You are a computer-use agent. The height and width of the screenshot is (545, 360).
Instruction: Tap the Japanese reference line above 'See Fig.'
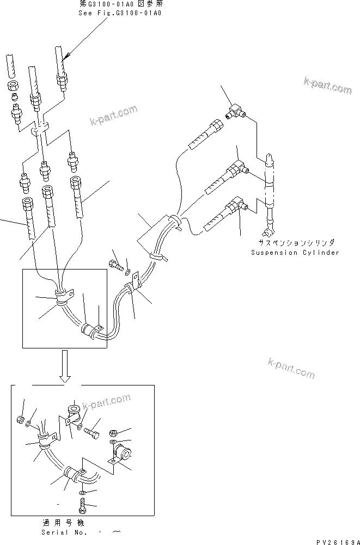(x=120, y=4)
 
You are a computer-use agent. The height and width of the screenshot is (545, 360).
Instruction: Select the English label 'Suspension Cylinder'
(x=295, y=252)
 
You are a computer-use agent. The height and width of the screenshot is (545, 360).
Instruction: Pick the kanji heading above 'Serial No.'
(x=65, y=522)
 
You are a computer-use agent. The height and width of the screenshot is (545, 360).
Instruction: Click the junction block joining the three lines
(x=40, y=131)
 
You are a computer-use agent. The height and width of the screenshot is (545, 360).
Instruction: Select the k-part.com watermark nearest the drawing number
(x=291, y=368)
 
